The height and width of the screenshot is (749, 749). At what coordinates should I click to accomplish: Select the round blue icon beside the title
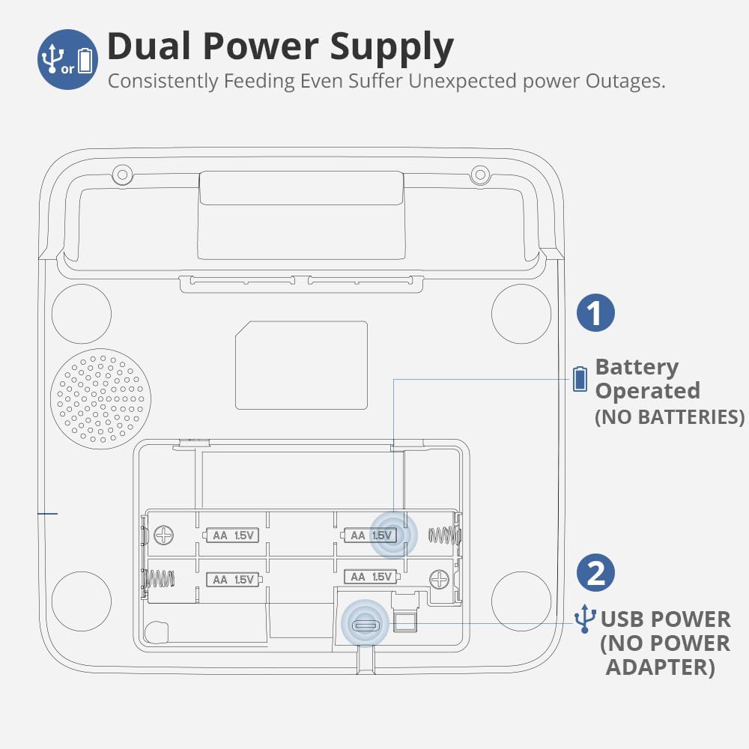(67, 59)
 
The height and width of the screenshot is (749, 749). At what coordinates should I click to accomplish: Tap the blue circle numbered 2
(595, 574)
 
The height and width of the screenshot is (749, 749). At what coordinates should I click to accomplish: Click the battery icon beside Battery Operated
(580, 379)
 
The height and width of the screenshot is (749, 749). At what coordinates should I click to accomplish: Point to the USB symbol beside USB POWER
(584, 619)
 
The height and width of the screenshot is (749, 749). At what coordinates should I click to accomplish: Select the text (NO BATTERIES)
(670, 417)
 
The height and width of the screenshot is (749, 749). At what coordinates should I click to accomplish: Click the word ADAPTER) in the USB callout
(660, 667)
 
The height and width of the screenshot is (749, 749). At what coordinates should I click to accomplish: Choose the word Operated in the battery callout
(647, 391)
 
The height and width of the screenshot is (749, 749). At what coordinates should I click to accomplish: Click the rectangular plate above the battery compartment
(301, 365)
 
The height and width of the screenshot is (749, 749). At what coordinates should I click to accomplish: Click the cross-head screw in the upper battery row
(163, 535)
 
